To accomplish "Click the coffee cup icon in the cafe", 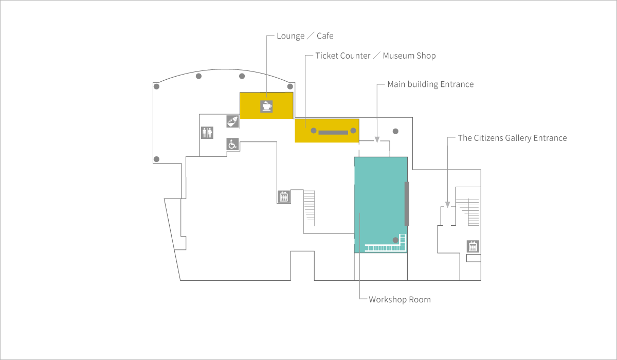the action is click(266, 106).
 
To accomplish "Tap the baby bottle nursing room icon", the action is click(232, 121).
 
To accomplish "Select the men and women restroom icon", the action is click(207, 133).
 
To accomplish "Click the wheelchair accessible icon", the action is click(232, 144).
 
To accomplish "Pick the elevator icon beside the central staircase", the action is click(284, 196).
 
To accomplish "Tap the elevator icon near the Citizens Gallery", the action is click(473, 246).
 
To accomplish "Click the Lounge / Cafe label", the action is click(305, 36).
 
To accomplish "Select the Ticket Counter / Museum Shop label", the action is click(375, 56).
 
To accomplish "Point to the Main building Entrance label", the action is click(430, 84).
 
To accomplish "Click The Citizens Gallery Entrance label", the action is click(512, 138).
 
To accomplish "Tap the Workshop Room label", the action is click(400, 299).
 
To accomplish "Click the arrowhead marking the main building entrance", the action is click(377, 140).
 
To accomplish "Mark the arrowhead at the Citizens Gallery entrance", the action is click(448, 205).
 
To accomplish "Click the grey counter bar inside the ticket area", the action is click(333, 133).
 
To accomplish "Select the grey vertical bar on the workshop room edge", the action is click(407, 204).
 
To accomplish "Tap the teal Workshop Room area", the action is click(380, 199).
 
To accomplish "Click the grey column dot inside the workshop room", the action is click(395, 240).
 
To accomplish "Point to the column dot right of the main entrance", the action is click(395, 131).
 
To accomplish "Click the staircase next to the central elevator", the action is click(310, 208).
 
